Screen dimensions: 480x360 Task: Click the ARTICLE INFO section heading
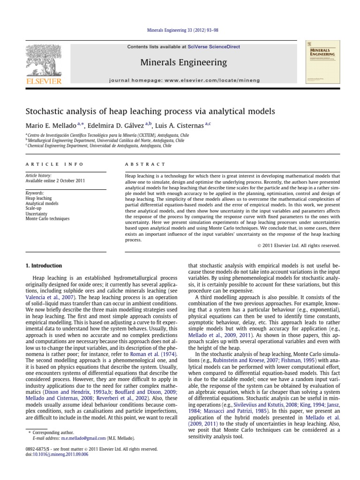pos(54,164)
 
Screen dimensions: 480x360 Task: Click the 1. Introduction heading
pos(43,265)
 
